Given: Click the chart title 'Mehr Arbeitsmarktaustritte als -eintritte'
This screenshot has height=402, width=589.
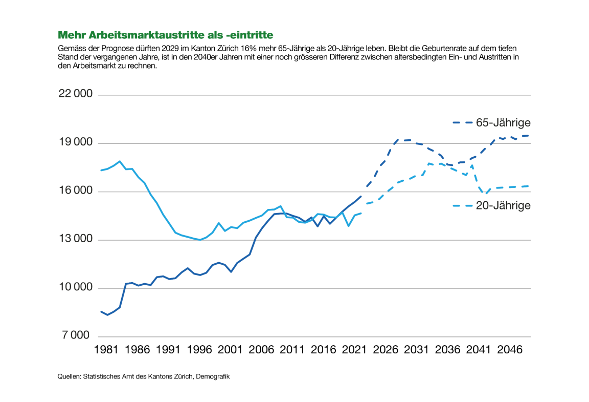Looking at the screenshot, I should click(x=165, y=35).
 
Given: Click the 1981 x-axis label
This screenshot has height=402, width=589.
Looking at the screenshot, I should click(x=106, y=350).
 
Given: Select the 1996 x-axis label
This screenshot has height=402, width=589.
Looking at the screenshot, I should click(x=199, y=350).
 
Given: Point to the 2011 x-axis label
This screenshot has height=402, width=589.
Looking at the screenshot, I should click(x=292, y=350).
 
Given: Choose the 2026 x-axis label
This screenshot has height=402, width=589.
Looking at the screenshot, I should click(x=386, y=350).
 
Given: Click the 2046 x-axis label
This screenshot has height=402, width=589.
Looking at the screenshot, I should click(x=510, y=350).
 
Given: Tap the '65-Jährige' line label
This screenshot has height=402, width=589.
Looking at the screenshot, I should click(x=503, y=123).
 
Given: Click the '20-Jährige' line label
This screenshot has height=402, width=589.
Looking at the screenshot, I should click(x=503, y=205).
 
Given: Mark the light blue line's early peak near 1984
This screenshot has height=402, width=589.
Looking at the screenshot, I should click(x=120, y=161).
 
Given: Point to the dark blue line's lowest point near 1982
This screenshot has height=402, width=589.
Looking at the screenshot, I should click(x=107, y=314).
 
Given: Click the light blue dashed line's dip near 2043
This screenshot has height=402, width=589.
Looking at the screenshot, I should click(x=486, y=194).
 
